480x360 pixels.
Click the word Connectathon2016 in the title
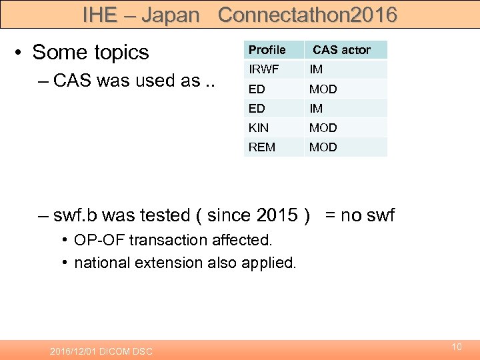[x=307, y=15]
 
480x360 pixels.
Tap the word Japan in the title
[x=171, y=15]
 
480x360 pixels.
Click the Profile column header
[x=267, y=50]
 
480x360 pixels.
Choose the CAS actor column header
[x=341, y=50]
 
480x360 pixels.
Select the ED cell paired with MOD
[x=257, y=89]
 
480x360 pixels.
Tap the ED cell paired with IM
[x=257, y=108]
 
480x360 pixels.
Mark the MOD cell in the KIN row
[x=323, y=127]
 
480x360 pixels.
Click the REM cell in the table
[x=261, y=147]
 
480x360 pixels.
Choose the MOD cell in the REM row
[x=323, y=147]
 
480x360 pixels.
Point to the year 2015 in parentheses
[x=277, y=215]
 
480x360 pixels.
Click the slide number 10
[x=457, y=347]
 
